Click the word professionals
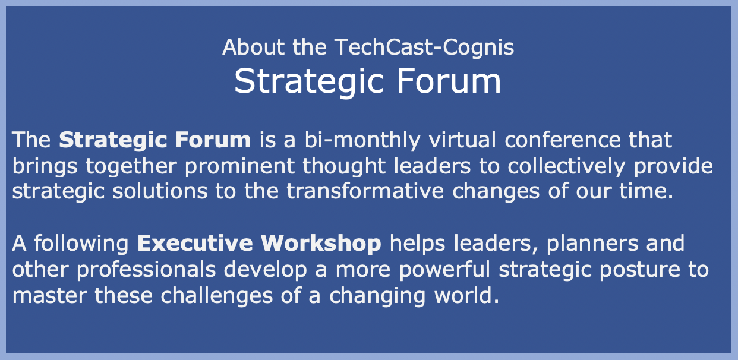(x=147, y=269)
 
